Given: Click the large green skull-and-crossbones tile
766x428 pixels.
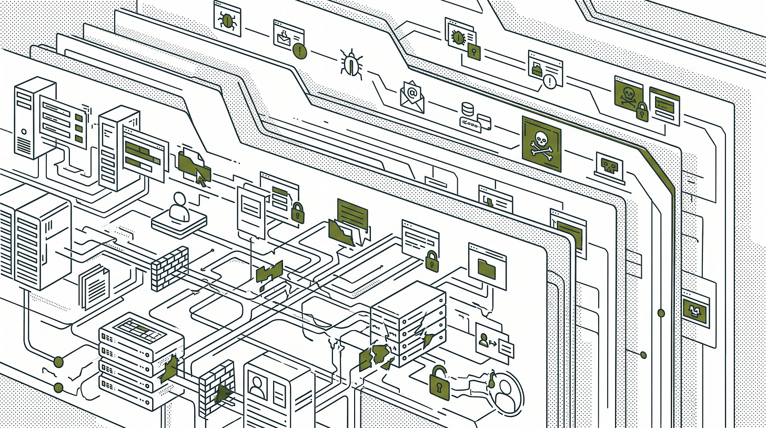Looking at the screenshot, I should click(x=541, y=144).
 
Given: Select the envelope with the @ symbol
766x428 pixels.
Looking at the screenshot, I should click(x=412, y=96).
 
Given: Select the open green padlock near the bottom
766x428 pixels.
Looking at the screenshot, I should click(x=438, y=382).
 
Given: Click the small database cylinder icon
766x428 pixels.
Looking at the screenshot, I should click(x=467, y=110).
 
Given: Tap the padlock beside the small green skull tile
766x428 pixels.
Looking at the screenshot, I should click(x=641, y=112).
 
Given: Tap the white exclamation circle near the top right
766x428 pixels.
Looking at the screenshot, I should click(x=549, y=81).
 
